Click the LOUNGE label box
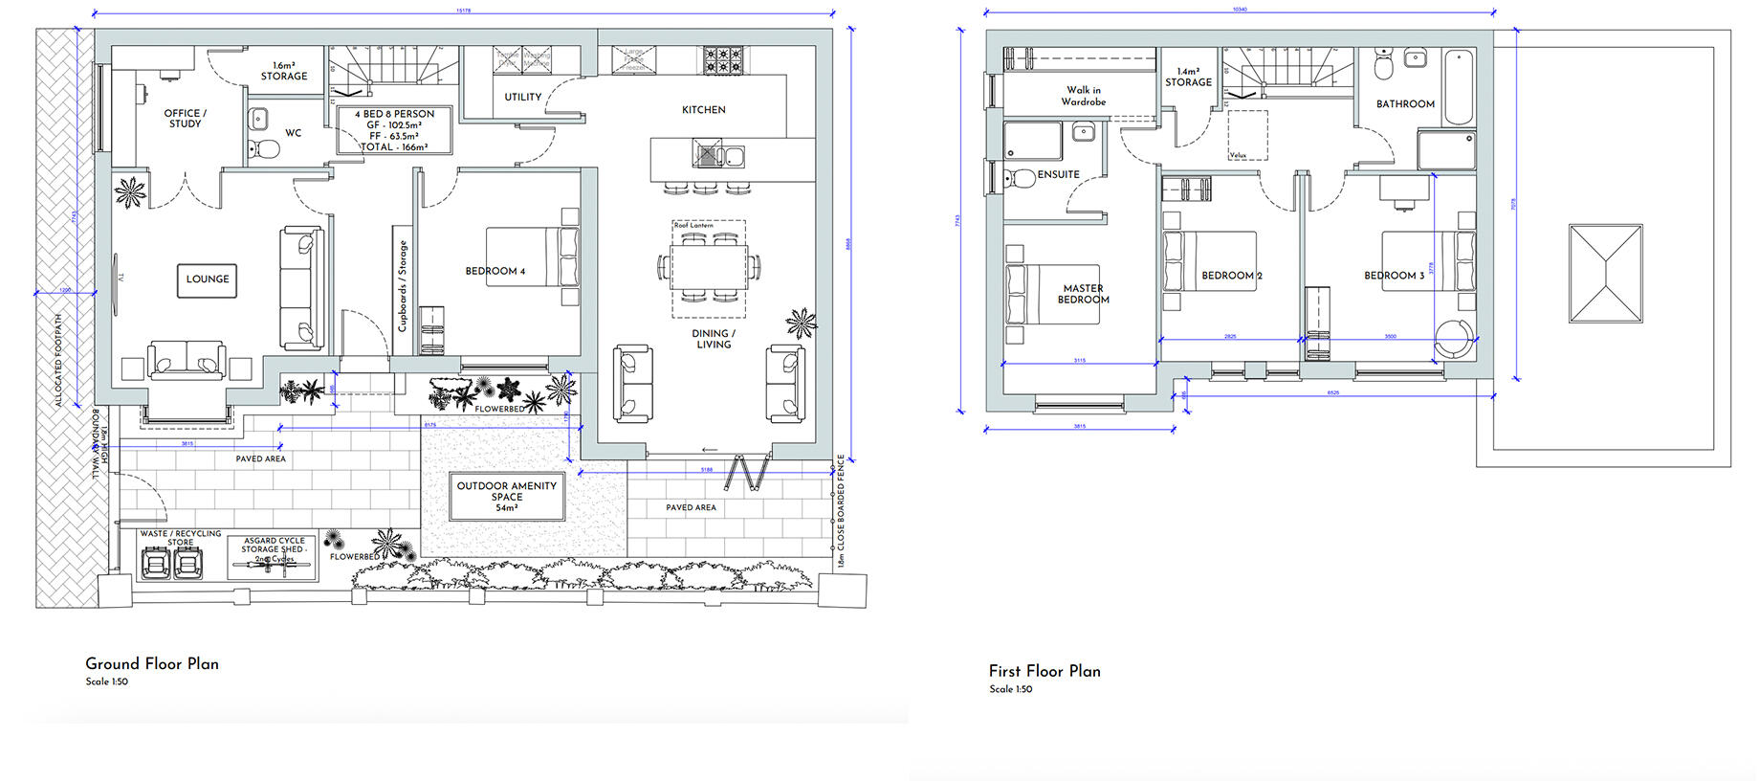pyautogui.click(x=208, y=279)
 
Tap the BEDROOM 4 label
pyautogui.click(x=495, y=271)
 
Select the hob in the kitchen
pyautogui.click(x=718, y=61)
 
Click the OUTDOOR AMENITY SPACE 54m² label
pyautogui.click(x=506, y=496)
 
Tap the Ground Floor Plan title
pyautogui.click(x=152, y=663)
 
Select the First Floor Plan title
pyautogui.click(x=1044, y=671)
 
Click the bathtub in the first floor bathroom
pyautogui.click(x=1458, y=87)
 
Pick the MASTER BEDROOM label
pyautogui.click(x=1083, y=294)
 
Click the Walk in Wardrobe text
pyautogui.click(x=1083, y=96)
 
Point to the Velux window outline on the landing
pyautogui.click(x=1247, y=135)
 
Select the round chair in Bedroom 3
pyautogui.click(x=1454, y=338)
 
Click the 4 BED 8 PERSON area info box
pyautogui.click(x=394, y=130)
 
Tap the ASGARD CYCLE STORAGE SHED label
pyautogui.click(x=274, y=548)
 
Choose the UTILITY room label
pyautogui.click(x=522, y=97)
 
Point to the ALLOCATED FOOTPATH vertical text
pyautogui.click(x=58, y=359)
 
